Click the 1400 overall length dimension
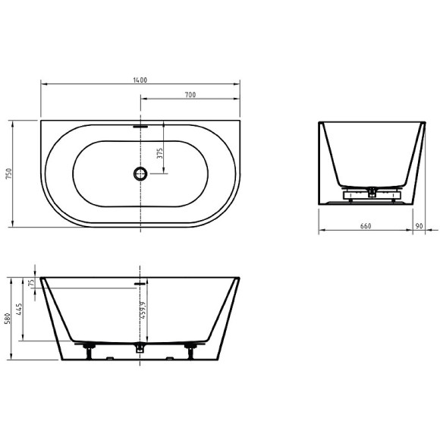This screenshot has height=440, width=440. coord(140,79)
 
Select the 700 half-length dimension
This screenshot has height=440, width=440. coord(190,94)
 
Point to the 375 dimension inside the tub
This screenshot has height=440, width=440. coord(159,152)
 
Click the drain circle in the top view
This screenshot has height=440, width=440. coord(140,174)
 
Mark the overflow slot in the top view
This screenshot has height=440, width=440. coord(140,127)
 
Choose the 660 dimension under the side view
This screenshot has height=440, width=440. coord(365,225)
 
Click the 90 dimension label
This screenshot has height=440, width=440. coord(420,225)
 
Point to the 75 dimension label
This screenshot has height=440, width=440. coord(31,282)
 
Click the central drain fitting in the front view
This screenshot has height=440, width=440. coord(140,348)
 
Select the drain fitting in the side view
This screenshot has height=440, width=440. coord(370,192)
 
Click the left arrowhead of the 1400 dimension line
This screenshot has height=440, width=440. coord(42,83)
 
